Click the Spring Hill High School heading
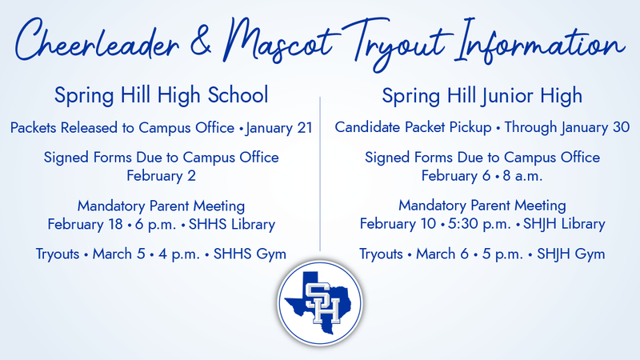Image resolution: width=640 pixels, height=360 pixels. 161,96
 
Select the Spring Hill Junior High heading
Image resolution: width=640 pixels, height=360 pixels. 482,96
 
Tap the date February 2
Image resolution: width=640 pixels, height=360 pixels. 161,174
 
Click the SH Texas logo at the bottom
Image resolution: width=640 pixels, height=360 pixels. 321,307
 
